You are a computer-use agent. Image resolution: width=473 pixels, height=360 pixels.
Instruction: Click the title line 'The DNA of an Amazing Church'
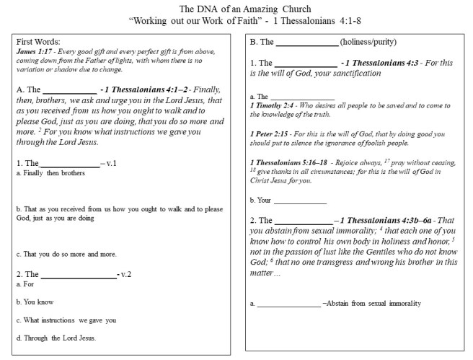pos(236,8)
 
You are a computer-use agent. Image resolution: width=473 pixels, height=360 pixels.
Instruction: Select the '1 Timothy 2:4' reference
pos(270,105)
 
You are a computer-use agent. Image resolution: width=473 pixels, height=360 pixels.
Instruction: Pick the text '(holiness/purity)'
pos(368,42)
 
